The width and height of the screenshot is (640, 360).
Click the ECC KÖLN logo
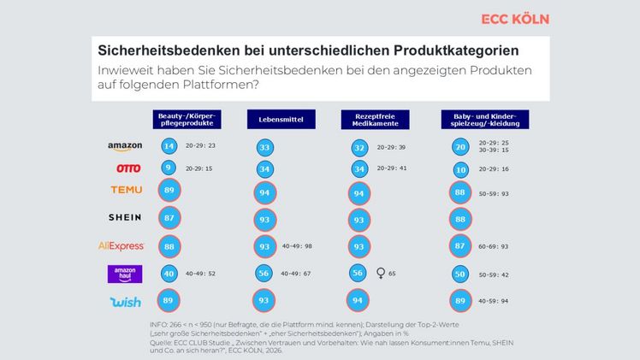tap(514, 19)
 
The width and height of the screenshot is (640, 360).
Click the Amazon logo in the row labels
tap(125, 146)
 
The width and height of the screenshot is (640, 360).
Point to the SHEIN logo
tap(125, 218)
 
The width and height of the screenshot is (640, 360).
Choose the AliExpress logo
tap(125, 246)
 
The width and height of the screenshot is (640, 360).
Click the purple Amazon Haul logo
tap(125, 274)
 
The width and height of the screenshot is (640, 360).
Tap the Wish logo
tap(125, 302)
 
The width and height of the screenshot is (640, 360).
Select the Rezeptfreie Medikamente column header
tap(369, 119)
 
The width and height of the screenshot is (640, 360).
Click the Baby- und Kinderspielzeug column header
tap(484, 119)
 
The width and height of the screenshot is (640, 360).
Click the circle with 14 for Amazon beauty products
tap(169, 146)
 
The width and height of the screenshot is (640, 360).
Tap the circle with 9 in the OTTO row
tap(169, 168)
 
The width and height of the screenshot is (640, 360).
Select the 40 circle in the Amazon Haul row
tap(169, 274)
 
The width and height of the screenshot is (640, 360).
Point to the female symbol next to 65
tap(381, 274)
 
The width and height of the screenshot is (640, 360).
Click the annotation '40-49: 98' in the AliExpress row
tap(298, 246)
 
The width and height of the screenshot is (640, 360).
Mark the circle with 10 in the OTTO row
tap(461, 169)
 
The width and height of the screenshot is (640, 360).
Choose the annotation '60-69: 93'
tap(495, 246)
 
